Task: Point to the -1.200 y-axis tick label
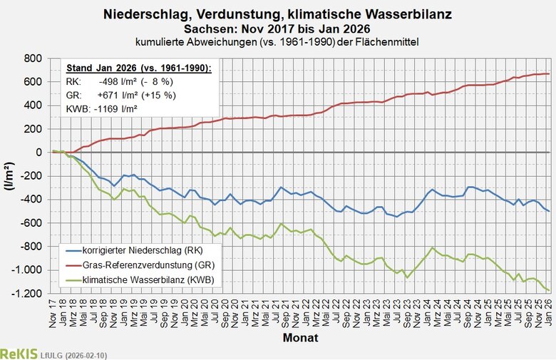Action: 27,293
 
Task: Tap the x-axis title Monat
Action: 299,336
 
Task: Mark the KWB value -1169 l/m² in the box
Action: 118,109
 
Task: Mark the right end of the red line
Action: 548,73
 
